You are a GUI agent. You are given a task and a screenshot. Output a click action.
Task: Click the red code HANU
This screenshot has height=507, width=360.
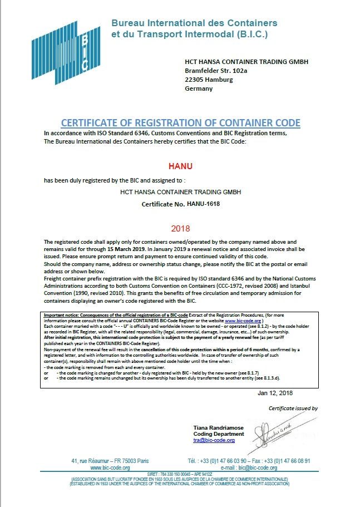pos(180,166)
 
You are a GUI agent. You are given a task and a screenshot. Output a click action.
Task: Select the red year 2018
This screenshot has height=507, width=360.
pos(180,228)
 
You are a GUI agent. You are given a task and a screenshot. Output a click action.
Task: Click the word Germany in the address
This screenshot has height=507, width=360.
pos(199,88)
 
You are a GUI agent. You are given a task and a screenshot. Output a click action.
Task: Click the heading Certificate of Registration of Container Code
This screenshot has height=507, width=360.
pos(180,123)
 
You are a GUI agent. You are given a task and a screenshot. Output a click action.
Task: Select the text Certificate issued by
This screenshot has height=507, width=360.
pos(293,408)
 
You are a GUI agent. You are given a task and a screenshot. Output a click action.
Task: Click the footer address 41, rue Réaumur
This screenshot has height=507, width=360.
pos(110,461)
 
